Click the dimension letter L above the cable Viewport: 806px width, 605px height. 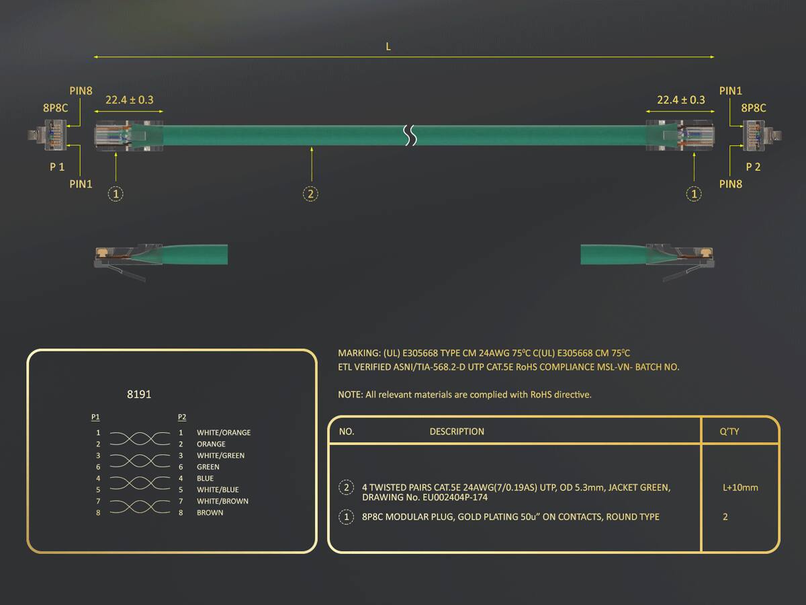388,46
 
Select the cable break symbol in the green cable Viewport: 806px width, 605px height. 410,135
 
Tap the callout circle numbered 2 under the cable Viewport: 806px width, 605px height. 311,194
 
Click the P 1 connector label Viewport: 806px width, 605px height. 57,167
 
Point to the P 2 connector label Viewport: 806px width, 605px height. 753,167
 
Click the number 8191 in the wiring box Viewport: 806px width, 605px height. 139,394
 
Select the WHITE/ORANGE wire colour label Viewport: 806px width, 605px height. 224,433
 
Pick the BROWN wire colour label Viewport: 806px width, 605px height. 210,513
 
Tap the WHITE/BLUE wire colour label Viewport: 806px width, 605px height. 218,490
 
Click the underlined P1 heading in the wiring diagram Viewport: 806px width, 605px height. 95,417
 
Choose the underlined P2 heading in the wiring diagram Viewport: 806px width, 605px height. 182,417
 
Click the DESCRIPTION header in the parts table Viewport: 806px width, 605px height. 457,432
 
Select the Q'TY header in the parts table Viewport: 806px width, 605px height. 729,432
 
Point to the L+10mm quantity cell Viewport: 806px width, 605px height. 740,488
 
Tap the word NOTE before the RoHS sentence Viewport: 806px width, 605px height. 349,395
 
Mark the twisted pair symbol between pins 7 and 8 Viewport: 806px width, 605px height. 140,507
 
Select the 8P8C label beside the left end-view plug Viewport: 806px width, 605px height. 56,108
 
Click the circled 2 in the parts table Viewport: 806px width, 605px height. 347,487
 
